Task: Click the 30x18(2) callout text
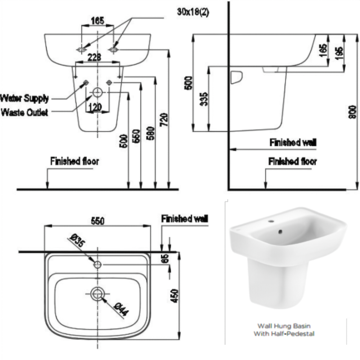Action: click(193, 12)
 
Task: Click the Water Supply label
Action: click(24, 98)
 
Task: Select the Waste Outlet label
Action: click(24, 113)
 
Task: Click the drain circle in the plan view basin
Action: click(98, 293)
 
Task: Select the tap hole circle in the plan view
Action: click(98, 265)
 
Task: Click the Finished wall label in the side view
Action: click(293, 143)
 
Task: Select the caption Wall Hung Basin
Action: click(284, 327)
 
